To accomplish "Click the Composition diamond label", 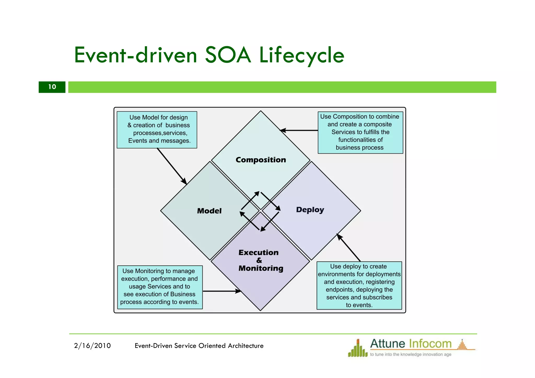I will tap(261, 160).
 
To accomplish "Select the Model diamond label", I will tap(209, 211).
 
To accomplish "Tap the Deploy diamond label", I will tap(310, 210).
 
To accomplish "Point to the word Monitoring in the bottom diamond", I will tap(261, 268).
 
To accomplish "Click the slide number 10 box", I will tap(52, 87).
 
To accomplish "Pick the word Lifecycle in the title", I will tap(301, 55).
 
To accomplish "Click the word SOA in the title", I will tap(228, 55).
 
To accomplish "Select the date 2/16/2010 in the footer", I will tap(92, 346).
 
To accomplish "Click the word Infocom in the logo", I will tap(430, 344).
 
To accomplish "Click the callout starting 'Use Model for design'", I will tap(157, 130).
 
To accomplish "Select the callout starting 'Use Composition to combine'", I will tap(360, 132).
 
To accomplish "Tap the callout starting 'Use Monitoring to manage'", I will tap(160, 287).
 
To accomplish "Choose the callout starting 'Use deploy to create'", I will tap(359, 286).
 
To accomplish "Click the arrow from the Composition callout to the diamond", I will tap(299, 130).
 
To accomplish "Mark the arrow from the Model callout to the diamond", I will tap(172, 166).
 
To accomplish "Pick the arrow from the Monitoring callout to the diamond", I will tap(222, 291).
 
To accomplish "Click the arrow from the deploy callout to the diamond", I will tap(348, 247).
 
